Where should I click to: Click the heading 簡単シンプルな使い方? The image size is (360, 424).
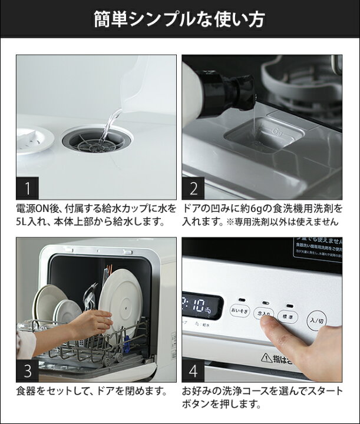point(180,19)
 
